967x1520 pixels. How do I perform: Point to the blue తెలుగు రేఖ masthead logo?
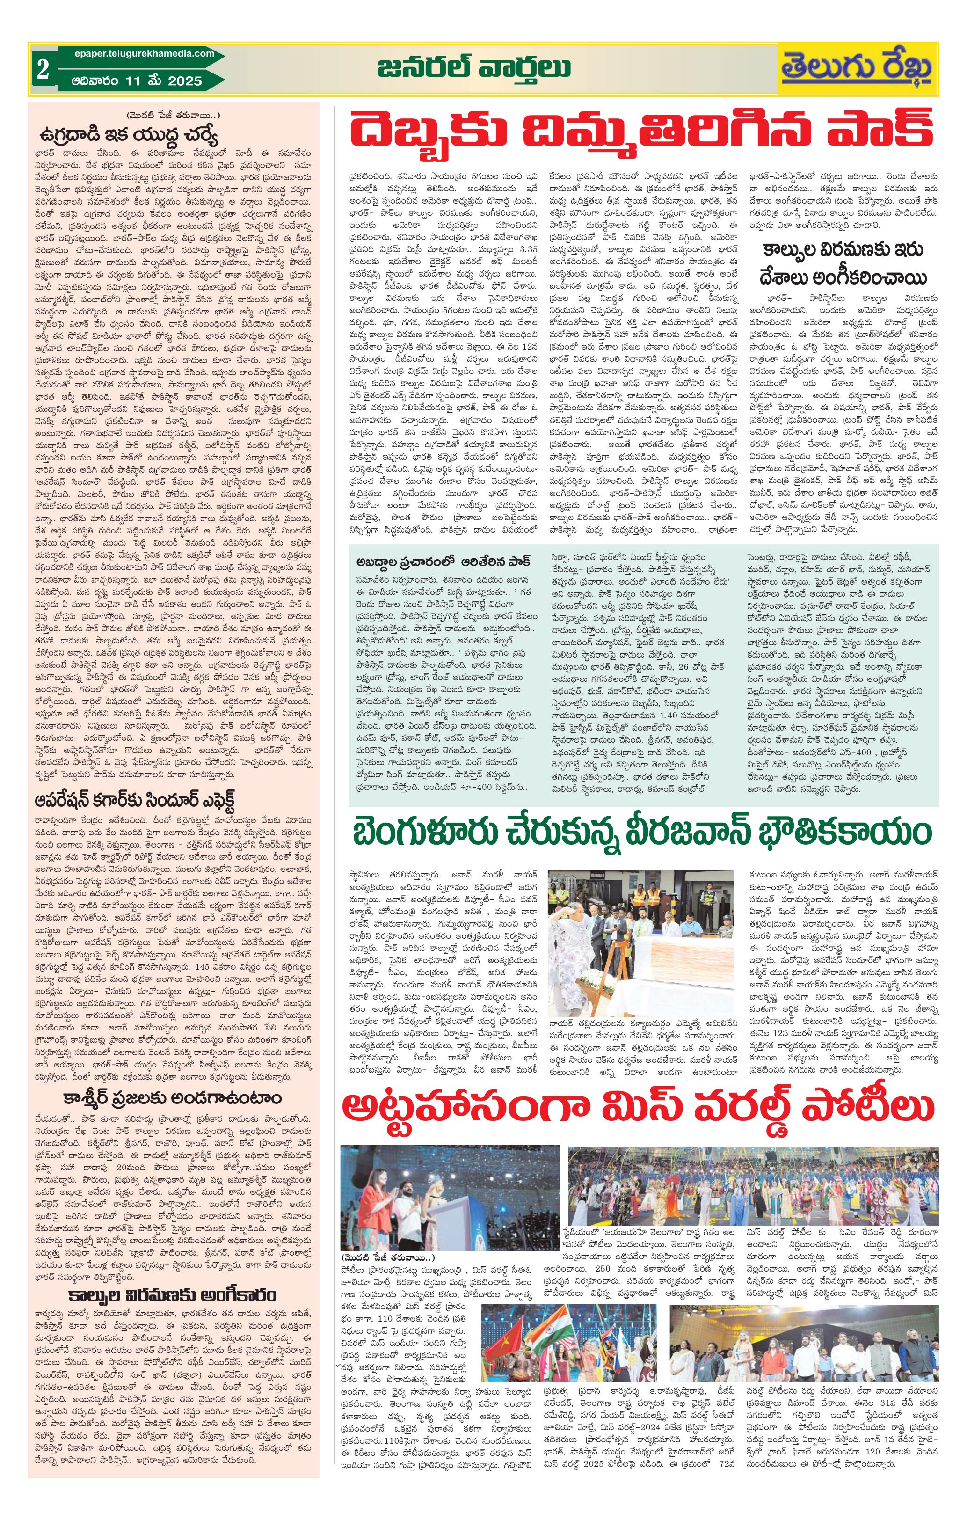point(857,69)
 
